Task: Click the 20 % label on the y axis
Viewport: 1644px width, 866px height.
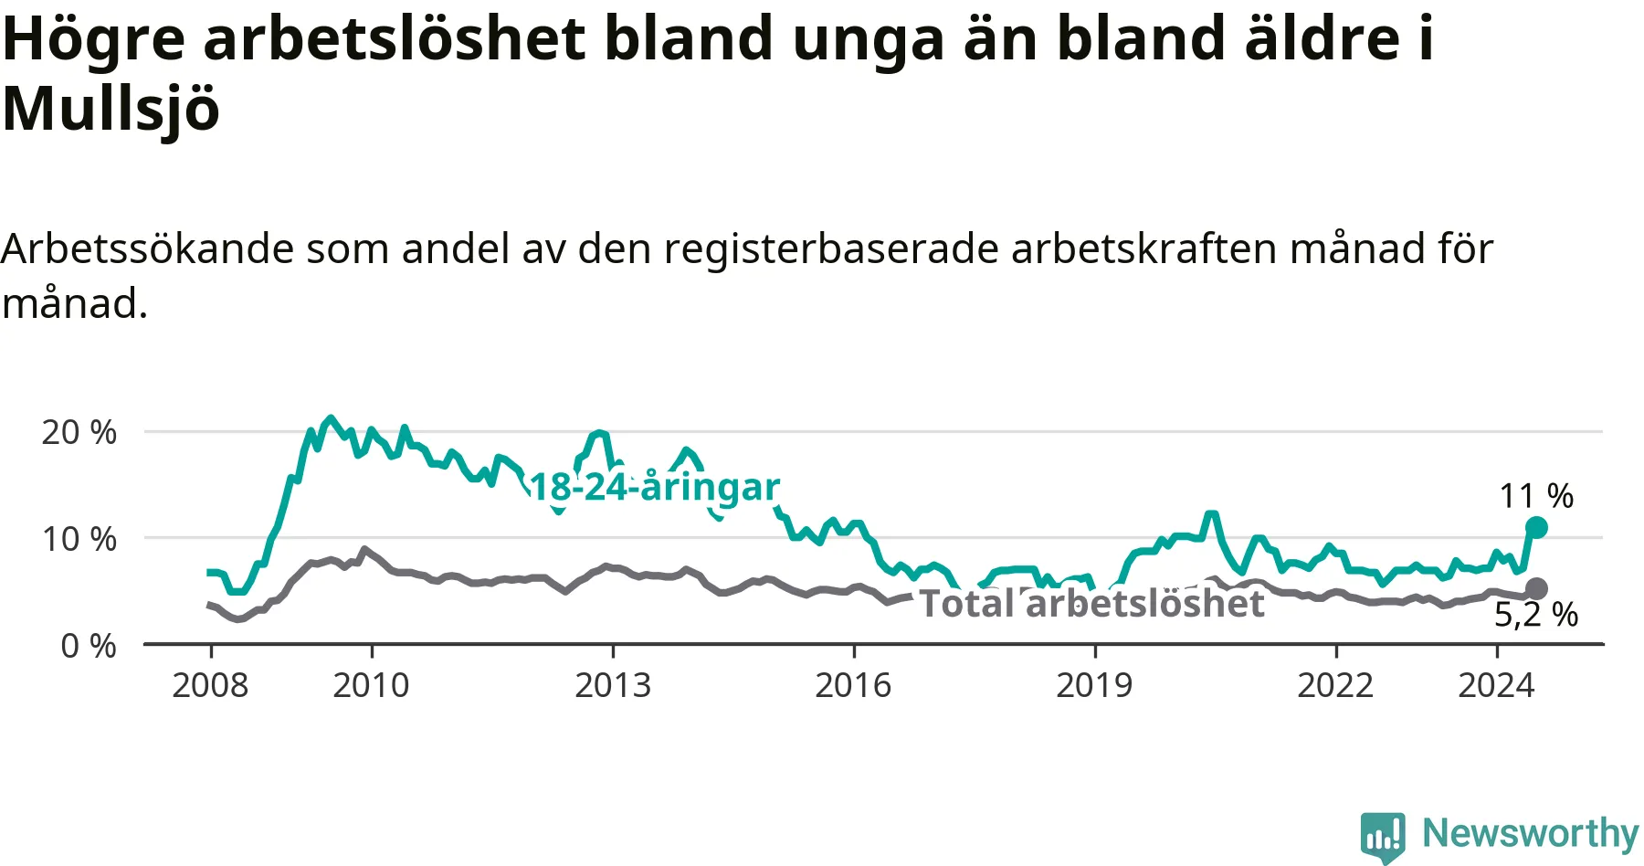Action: (x=79, y=432)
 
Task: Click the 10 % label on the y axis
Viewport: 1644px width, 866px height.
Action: (x=79, y=539)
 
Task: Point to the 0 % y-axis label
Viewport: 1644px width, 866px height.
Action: (x=88, y=646)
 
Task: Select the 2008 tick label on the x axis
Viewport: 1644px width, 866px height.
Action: (x=210, y=685)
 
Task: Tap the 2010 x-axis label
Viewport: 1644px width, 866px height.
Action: (x=371, y=685)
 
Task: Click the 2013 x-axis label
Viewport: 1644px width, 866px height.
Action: (x=613, y=685)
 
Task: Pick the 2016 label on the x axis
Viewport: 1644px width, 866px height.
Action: (x=853, y=685)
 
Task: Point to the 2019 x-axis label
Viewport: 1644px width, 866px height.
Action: (x=1094, y=685)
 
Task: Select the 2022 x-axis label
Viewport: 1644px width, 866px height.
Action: (x=1335, y=685)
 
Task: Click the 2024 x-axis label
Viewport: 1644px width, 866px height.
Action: (x=1496, y=685)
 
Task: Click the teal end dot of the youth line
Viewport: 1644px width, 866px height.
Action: (x=1536, y=527)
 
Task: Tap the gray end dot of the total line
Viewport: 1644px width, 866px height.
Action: (x=1536, y=589)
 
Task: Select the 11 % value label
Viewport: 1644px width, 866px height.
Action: (x=1536, y=496)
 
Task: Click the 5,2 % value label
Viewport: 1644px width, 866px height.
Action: (x=1536, y=615)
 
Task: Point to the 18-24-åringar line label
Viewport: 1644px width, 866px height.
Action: (x=655, y=487)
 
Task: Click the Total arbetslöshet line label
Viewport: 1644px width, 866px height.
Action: (x=1091, y=604)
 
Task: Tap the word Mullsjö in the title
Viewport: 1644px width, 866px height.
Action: (x=111, y=109)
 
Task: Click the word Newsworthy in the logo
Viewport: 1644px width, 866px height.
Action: (x=1531, y=833)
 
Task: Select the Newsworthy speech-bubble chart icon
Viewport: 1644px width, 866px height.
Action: (x=1383, y=836)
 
